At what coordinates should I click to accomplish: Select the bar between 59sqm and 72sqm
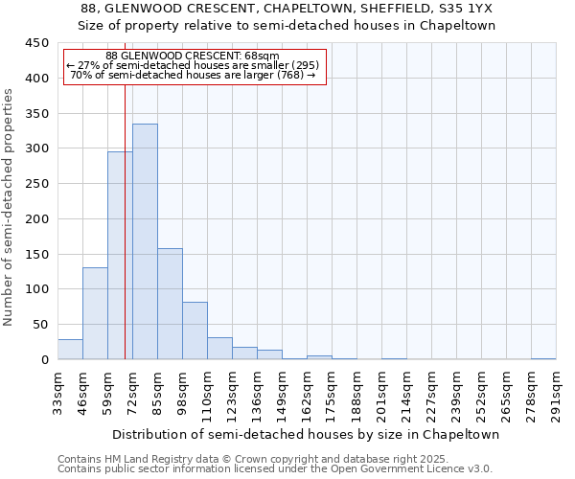click(x=120, y=255)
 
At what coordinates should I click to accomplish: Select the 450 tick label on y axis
click(x=37, y=43)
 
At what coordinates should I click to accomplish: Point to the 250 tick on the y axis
click(x=37, y=184)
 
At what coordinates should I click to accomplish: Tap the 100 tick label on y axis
click(x=37, y=289)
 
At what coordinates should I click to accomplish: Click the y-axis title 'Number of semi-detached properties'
click(x=9, y=207)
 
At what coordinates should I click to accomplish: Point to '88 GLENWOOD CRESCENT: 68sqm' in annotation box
click(x=193, y=57)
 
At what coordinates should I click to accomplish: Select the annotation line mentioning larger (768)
click(x=193, y=75)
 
